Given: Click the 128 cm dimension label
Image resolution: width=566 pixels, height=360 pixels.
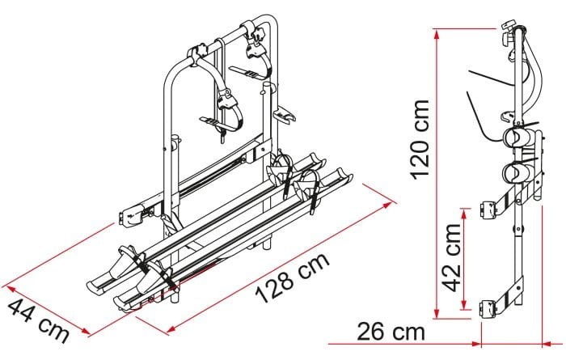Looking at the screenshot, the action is coord(293,277).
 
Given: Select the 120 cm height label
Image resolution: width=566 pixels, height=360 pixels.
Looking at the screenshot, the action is coord(420,139).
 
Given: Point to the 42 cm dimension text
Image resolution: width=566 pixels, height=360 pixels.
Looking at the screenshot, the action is coord(452,257).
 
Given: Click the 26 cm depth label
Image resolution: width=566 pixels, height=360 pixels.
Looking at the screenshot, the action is coord(391,332).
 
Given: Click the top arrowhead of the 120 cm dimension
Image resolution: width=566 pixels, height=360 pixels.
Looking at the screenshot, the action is coord(437,35).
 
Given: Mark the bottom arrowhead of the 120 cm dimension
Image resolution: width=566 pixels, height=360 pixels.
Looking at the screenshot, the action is coord(437,313).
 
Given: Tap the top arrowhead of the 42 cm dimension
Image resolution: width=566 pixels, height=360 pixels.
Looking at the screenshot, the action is coord(464,214).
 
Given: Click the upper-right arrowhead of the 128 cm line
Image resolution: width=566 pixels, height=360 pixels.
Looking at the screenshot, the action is coord(388,205).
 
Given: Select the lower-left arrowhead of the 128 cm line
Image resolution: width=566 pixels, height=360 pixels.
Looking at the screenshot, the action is coord(172,328).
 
